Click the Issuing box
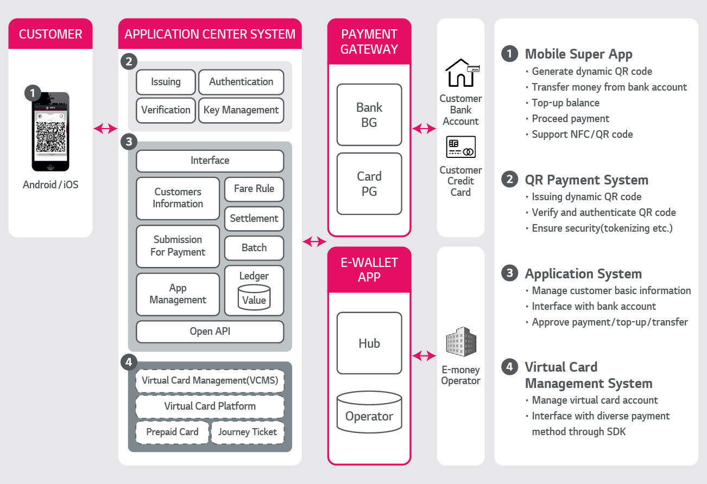166,82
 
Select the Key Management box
241,110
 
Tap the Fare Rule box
254,189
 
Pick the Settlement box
254,219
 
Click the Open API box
210,332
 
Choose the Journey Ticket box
248,432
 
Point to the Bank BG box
369,115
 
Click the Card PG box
369,184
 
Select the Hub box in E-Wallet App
369,343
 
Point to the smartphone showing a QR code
50,131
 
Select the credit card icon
460,147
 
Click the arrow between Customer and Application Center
105,129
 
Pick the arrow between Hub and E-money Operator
424,356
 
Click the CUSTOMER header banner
50,34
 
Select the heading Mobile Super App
578,54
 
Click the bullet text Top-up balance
565,103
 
